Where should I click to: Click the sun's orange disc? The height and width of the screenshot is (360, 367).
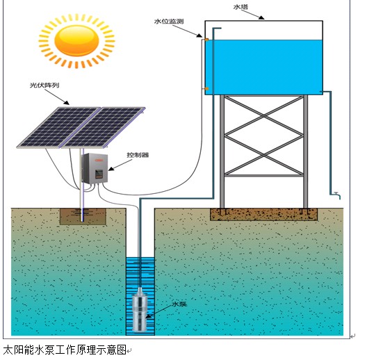point(76,41)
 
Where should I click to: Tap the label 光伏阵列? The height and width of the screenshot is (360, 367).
point(44,85)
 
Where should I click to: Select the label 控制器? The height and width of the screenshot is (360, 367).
point(138,155)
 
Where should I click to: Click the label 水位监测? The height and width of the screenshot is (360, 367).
point(169,22)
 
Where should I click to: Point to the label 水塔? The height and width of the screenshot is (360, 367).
point(240,7)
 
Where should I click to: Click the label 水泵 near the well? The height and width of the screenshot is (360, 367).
point(179,304)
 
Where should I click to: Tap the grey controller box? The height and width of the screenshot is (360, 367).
point(95,168)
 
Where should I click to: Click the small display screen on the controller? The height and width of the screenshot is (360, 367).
point(99,173)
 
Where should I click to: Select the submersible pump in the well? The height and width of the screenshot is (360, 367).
point(140,309)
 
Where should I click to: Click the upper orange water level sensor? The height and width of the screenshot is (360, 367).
point(206,40)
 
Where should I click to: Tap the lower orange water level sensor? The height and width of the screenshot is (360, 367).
point(206,89)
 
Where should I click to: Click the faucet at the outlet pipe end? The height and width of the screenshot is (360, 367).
point(338,195)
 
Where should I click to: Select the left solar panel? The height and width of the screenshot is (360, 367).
point(59,128)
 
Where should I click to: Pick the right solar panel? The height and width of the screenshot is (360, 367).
point(103,128)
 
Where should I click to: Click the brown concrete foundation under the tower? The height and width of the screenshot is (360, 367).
point(264,215)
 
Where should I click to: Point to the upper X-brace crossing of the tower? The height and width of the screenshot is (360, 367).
point(264,115)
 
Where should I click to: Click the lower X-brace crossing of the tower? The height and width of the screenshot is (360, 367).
point(264,155)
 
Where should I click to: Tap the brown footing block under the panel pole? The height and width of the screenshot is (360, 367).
point(83,217)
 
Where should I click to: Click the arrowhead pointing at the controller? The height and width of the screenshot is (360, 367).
point(111,168)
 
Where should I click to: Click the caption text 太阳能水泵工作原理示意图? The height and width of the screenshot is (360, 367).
point(65,350)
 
